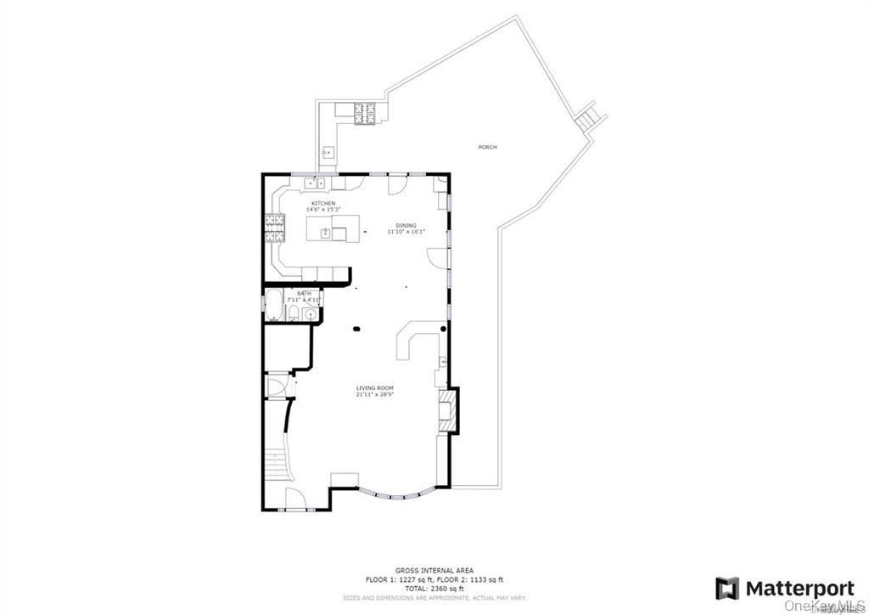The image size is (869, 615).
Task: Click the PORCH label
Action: (x=487, y=148)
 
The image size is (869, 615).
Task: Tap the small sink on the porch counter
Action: (x=328, y=154)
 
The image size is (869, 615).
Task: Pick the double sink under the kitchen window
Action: (x=317, y=182)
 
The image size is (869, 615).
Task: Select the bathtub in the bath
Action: (x=274, y=307)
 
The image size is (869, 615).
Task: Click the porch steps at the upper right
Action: (x=587, y=116)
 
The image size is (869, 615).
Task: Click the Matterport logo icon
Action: (x=727, y=588)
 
